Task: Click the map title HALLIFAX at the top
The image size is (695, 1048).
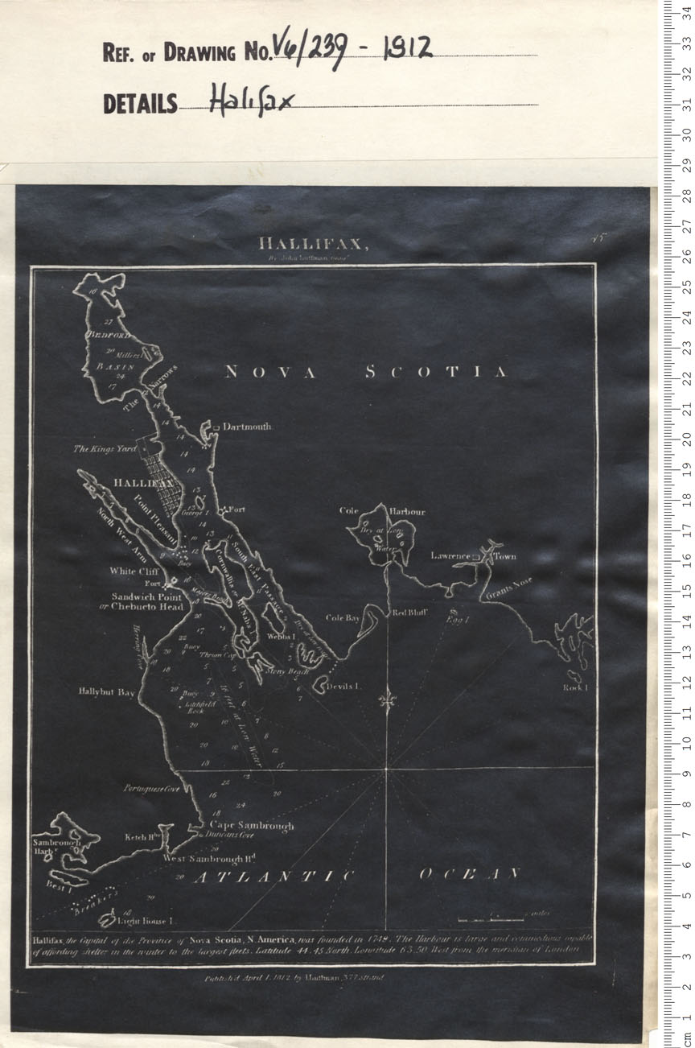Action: click(313, 244)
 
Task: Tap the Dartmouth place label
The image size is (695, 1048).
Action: click(247, 427)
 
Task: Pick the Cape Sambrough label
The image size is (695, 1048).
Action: click(251, 826)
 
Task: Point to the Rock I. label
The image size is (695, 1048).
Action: click(576, 688)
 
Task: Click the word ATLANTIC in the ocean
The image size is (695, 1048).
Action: click(273, 877)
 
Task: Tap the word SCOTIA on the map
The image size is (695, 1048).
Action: click(436, 372)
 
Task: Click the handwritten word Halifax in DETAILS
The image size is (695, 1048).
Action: click(241, 102)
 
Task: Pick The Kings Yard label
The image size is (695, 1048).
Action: click(105, 448)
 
